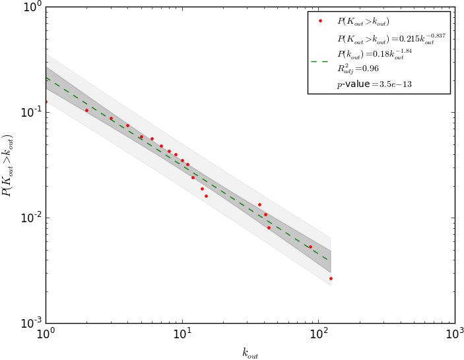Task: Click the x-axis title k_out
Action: (249, 353)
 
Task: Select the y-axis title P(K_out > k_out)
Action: (9, 165)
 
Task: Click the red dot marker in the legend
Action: (320, 21)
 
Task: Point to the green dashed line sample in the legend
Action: (320, 61)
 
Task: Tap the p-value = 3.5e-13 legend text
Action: (374, 84)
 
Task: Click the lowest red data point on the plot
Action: (331, 278)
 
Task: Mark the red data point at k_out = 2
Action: (86, 110)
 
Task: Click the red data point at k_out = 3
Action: (111, 119)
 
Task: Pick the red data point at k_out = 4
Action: (127, 125)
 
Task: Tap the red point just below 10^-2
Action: (269, 227)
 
